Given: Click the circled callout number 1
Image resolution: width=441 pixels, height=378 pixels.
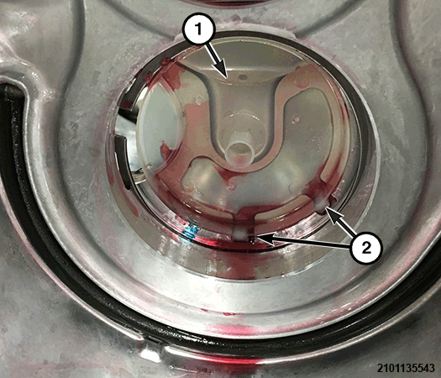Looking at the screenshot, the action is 199,29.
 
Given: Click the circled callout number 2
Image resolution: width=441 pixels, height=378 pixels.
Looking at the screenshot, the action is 366,248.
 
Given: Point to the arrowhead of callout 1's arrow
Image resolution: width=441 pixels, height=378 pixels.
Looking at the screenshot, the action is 226,76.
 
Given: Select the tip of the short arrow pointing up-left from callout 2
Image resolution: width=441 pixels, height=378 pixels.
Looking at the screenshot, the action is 327,208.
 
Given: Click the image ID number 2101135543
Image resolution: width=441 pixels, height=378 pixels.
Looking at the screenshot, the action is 406,368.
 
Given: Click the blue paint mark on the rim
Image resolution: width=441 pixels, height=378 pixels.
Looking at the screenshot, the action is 190,233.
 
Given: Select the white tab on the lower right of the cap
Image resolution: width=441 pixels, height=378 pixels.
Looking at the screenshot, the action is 322,204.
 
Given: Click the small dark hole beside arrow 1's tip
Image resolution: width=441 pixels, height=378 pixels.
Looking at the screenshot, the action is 240,76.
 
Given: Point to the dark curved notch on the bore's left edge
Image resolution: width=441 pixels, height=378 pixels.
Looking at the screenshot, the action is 122,160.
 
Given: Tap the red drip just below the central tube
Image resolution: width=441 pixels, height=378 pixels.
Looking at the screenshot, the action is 231,186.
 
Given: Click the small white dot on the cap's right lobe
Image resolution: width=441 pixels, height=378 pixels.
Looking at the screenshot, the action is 297,119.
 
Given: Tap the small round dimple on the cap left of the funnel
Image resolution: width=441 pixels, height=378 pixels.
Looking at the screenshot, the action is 198,100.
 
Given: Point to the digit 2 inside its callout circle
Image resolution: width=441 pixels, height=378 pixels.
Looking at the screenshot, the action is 366,248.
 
